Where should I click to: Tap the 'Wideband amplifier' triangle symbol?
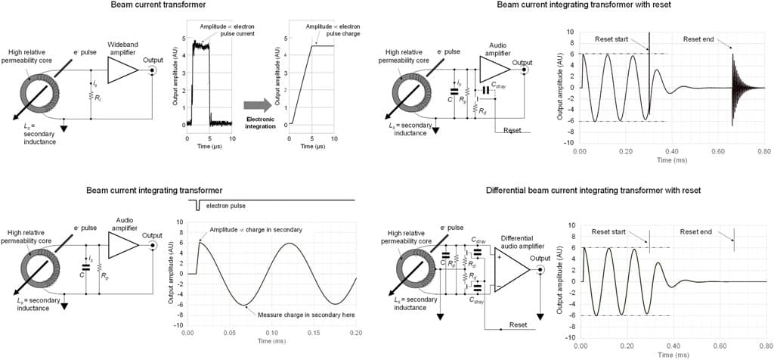coord(122,70)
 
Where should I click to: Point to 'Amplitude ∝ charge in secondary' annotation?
coord(255,229)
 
